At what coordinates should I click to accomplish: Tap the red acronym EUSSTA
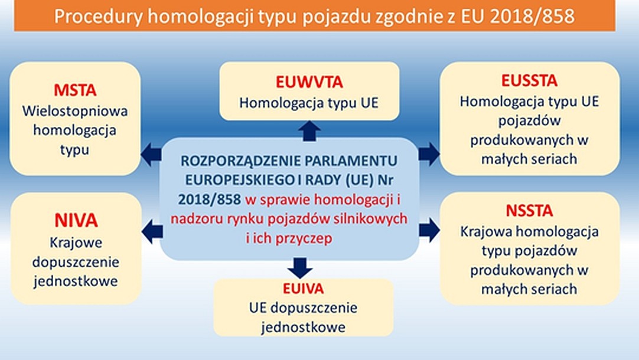click(x=529, y=81)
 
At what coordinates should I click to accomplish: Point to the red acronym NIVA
click(x=75, y=221)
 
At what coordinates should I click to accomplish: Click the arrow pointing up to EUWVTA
click(x=309, y=131)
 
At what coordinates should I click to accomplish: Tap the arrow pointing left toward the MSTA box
click(x=149, y=155)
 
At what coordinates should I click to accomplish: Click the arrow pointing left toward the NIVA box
click(x=151, y=229)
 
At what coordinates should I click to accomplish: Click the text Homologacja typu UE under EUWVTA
click(x=308, y=102)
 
